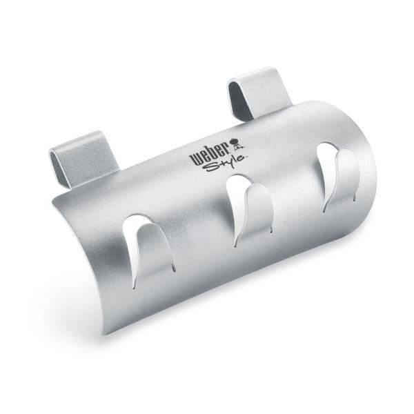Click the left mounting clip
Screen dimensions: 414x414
[x=84, y=159]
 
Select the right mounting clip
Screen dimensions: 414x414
[x=259, y=92]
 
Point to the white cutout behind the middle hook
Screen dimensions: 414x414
[x=235, y=201]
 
